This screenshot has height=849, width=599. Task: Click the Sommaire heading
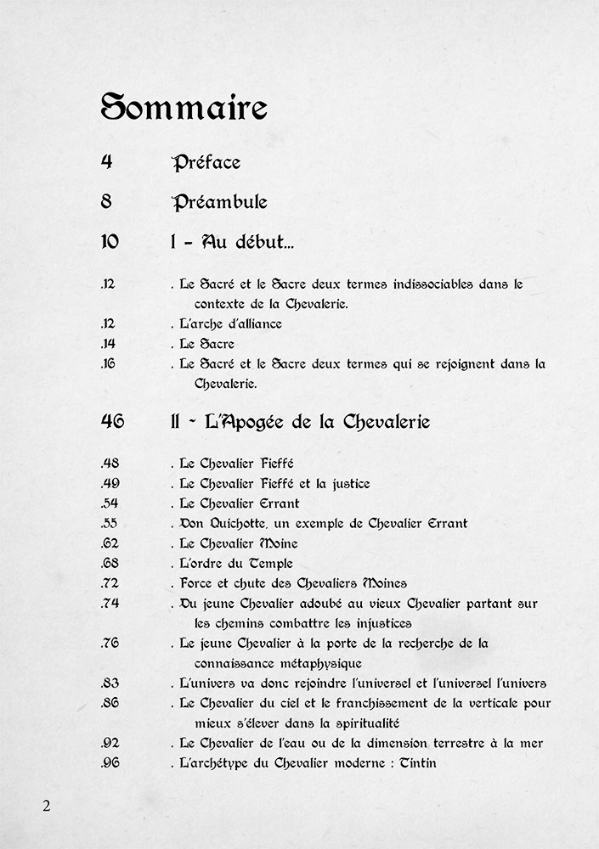(184, 109)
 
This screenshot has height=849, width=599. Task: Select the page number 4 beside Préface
(106, 162)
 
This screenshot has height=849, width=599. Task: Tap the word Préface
(206, 162)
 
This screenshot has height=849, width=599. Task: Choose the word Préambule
(219, 202)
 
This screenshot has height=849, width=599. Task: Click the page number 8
(106, 202)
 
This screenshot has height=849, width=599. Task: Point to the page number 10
(110, 242)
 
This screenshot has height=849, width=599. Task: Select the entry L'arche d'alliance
(230, 323)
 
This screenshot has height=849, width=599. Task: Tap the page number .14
(107, 344)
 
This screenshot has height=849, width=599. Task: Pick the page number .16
(108, 364)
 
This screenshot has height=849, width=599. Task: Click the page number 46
(111, 421)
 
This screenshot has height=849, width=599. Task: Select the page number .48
(109, 464)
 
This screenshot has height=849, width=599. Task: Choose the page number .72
(109, 583)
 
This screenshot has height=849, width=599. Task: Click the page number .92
(109, 743)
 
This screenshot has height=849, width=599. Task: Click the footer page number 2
(47, 806)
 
